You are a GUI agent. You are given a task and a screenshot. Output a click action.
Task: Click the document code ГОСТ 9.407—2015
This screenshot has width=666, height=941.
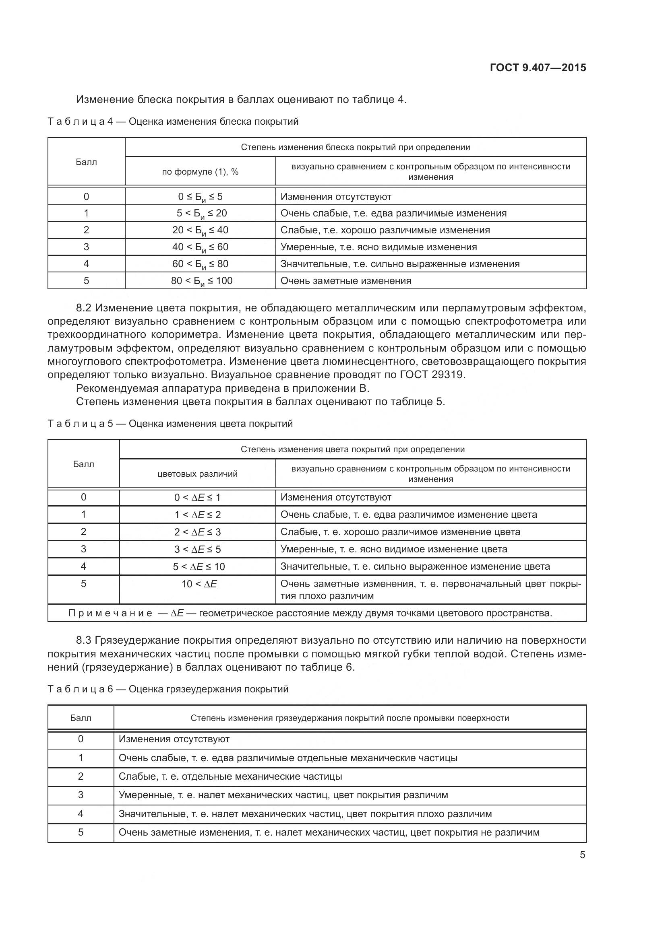click(538, 68)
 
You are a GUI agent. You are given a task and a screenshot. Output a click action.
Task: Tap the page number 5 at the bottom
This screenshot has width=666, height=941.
click(582, 855)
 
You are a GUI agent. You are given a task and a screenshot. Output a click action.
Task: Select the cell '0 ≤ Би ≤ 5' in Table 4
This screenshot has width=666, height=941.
click(200, 197)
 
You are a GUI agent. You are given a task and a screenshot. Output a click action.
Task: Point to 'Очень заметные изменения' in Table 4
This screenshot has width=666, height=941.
click(346, 281)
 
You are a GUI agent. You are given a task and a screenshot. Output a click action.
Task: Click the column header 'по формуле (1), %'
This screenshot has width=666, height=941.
click(200, 172)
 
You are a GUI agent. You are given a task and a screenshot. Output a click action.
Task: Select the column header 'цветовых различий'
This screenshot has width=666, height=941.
click(197, 474)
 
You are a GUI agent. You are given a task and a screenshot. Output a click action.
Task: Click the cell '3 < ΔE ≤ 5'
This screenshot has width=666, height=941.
click(197, 549)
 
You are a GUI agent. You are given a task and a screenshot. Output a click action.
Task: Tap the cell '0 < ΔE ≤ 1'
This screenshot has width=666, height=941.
click(197, 498)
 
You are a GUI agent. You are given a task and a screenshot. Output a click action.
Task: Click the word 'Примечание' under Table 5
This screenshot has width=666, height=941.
click(110, 613)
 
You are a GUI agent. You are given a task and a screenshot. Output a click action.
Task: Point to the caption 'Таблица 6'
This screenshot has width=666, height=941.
click(80, 689)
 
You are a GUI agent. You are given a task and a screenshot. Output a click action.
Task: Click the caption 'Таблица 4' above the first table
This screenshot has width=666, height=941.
click(80, 122)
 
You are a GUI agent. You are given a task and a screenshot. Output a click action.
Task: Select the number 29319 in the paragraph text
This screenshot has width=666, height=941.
click(447, 375)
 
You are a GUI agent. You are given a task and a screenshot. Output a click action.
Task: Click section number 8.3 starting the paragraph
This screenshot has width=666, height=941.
click(85, 640)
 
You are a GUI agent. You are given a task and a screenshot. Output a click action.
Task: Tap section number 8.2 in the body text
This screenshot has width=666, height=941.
click(85, 308)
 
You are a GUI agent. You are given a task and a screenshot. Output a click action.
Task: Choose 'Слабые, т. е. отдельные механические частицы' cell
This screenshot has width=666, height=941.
click(230, 776)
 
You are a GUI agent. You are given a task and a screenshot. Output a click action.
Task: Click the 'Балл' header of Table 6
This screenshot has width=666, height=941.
click(81, 718)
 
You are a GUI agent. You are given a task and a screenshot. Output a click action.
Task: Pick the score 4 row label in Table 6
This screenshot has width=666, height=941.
click(81, 813)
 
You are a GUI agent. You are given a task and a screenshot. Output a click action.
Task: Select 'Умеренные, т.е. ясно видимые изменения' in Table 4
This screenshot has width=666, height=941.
click(379, 247)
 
